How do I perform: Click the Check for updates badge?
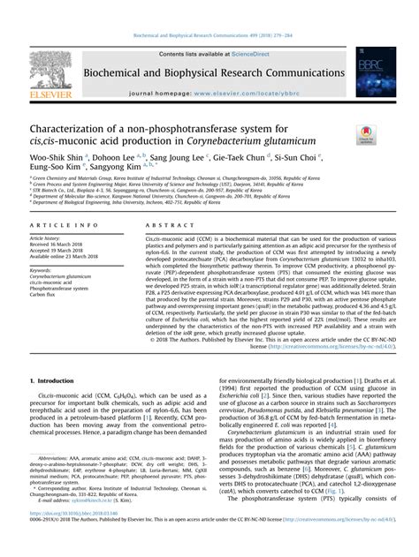pos(364,134)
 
